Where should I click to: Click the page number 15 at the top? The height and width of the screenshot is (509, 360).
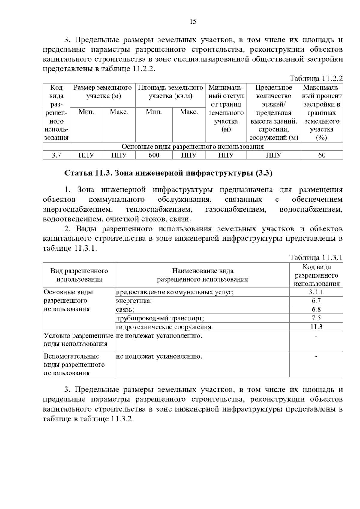[x=193, y=22]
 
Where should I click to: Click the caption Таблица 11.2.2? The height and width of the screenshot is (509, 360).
[x=316, y=79]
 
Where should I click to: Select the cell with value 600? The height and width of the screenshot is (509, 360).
[x=154, y=155]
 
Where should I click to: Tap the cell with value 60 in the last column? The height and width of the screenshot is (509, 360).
[x=322, y=155]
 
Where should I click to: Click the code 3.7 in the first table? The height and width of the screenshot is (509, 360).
[x=56, y=155]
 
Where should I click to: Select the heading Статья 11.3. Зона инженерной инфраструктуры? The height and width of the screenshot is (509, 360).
[x=168, y=173]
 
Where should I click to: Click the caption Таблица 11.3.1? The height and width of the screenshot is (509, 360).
[x=316, y=258]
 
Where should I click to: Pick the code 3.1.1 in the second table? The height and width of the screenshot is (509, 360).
[x=316, y=292]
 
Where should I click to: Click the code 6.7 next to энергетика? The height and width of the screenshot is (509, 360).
[x=316, y=301]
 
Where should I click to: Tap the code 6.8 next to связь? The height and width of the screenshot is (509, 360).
[x=316, y=310]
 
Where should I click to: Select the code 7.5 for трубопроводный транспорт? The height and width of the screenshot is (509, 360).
[x=316, y=318]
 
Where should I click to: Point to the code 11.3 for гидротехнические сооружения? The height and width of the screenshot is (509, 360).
[x=316, y=327]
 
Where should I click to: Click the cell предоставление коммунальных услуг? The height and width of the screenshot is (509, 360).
[x=175, y=292]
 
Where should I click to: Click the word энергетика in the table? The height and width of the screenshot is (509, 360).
[x=134, y=301]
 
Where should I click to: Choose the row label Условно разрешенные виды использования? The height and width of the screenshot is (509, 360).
[x=79, y=340]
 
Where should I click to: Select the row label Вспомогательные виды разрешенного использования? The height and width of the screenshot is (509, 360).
[x=74, y=365]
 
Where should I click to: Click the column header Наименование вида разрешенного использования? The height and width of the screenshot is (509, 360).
[x=202, y=275]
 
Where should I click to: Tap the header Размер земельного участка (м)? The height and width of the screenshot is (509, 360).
[x=103, y=92]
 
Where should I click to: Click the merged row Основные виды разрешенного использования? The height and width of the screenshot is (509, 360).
[x=193, y=147]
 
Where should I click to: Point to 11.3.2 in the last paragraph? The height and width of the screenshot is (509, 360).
[x=122, y=419]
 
